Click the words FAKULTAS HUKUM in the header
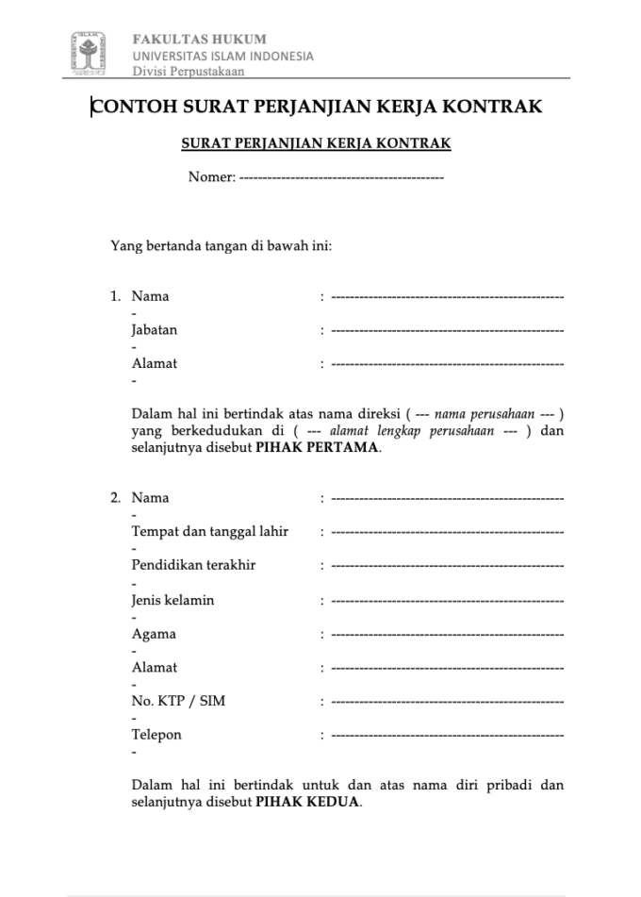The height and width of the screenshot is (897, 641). coord(200,40)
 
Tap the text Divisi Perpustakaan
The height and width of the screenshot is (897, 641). coord(189,72)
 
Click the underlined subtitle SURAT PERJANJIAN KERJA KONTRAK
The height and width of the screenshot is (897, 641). coord(316,143)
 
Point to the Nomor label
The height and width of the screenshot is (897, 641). coord(210,177)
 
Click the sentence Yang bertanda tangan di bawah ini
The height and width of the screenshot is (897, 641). coord(222,247)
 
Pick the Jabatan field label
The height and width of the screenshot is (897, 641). coord(155,330)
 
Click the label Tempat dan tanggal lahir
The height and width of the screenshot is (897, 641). coord(210,531)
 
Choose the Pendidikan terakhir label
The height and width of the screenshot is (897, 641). coord(193,565)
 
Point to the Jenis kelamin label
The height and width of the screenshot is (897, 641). coord(173,600)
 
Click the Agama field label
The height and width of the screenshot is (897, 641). coord(154,634)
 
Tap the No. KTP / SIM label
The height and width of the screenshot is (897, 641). coord(178,701)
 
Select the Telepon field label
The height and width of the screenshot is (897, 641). coord(156,735)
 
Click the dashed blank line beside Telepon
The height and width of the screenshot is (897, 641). coord(448,735)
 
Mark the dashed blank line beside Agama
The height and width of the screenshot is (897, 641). coord(448,634)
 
